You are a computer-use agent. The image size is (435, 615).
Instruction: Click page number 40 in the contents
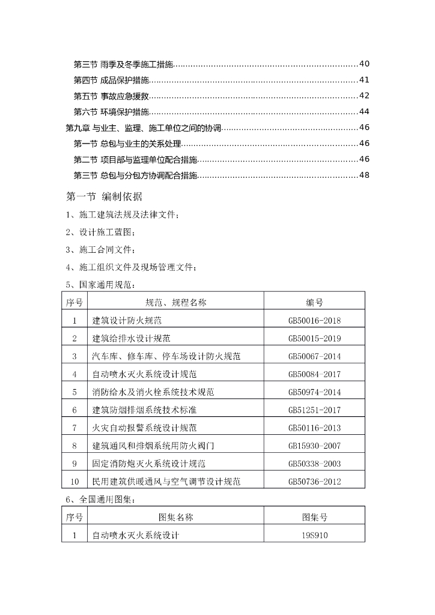(364, 64)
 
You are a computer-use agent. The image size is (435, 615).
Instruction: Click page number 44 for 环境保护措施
(364, 112)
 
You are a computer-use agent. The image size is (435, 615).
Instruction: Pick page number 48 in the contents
(364, 175)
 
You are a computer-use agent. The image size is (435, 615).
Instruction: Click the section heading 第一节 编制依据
(103, 196)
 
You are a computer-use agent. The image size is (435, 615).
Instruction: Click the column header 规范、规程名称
(175, 303)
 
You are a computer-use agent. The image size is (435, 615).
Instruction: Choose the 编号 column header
(314, 303)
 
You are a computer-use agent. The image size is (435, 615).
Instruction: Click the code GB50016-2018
(314, 321)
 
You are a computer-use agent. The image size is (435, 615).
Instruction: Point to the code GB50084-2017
(314, 375)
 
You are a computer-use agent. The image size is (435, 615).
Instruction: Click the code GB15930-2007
(314, 446)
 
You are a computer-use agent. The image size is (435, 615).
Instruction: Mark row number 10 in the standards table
(75, 482)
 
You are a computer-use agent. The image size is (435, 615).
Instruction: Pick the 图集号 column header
(314, 517)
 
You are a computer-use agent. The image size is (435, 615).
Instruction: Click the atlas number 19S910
(314, 535)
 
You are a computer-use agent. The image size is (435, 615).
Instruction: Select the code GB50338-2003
(314, 464)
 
